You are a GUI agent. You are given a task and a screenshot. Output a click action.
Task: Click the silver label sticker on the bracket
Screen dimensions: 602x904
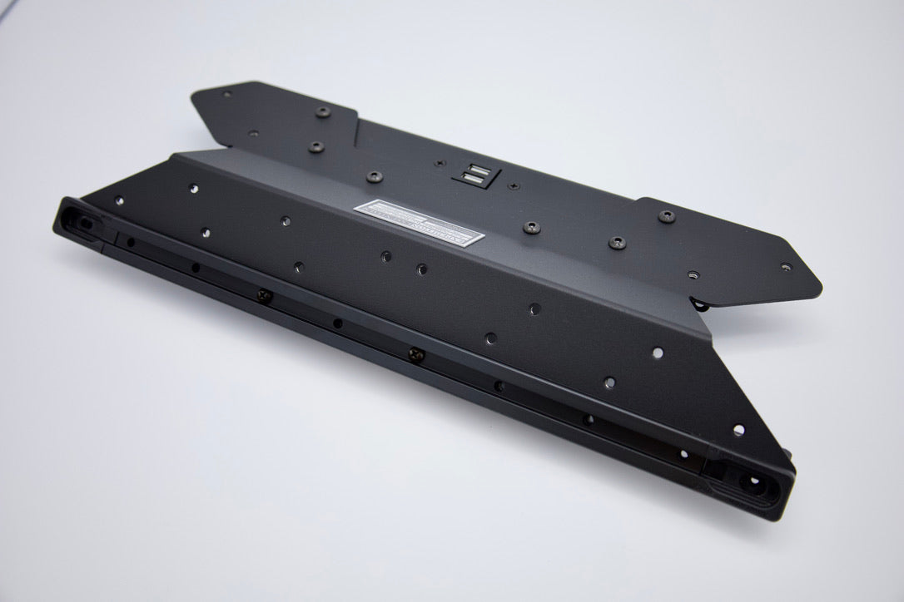tap(420, 222)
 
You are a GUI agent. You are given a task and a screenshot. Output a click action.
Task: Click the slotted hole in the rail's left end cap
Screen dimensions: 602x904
tap(87, 223)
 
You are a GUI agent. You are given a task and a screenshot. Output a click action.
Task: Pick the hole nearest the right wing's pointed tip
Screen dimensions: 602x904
tap(786, 268)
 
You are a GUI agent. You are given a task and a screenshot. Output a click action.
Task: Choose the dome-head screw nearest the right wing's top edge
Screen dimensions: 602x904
tap(667, 215)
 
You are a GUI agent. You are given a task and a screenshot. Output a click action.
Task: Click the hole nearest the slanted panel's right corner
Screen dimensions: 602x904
tap(738, 430)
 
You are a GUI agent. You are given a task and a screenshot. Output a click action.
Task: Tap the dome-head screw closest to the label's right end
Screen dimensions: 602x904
tap(528, 225)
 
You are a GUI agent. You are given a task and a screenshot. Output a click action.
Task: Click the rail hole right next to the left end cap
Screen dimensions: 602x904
tap(130, 242)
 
